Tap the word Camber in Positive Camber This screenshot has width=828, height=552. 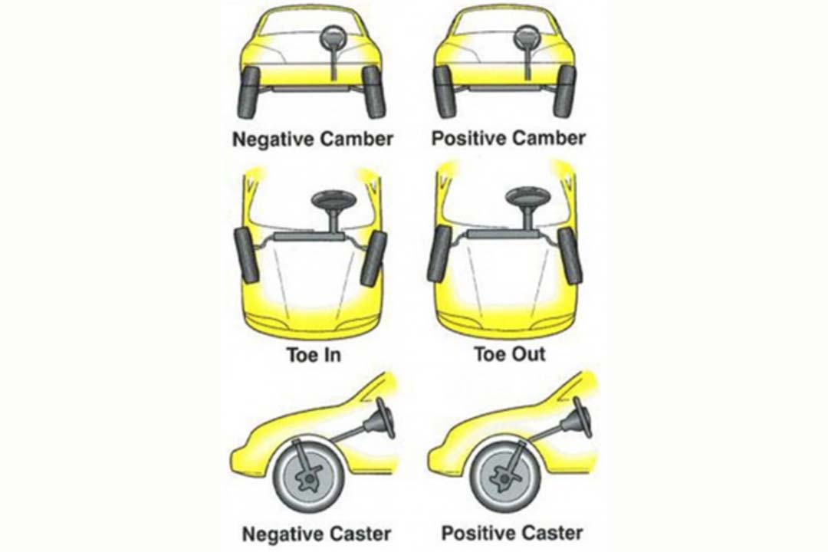[x=549, y=139]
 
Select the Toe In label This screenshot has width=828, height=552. [x=314, y=354]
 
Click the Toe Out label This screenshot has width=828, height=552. [x=510, y=354]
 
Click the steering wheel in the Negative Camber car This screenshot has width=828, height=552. [x=333, y=37]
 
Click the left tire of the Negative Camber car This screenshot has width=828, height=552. [x=248, y=93]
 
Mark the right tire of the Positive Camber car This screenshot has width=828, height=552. [x=564, y=93]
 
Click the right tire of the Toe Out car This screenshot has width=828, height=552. [x=570, y=255]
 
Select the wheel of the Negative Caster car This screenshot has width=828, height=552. [x=307, y=478]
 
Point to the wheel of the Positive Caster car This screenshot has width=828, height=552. [x=504, y=478]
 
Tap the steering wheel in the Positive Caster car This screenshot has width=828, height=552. [x=581, y=417]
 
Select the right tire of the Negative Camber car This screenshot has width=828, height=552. [x=374, y=93]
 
